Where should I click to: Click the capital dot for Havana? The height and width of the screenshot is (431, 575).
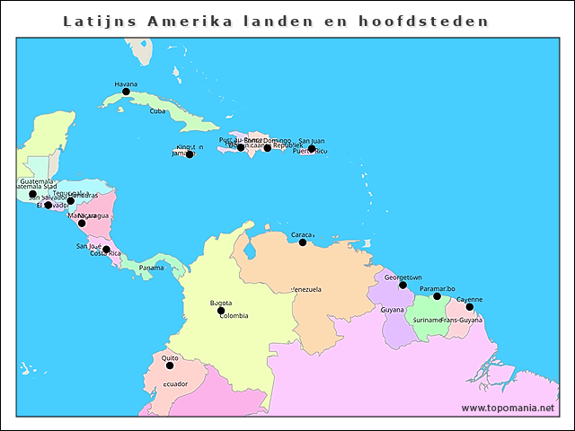coord(126,92)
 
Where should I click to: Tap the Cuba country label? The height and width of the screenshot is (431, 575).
coord(157,111)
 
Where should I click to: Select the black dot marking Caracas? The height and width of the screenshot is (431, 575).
coord(303,242)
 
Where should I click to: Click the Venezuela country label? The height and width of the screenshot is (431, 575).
coord(306,289)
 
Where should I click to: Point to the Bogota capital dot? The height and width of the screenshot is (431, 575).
coord(221,311)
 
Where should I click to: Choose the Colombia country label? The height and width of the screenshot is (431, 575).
coord(234,316)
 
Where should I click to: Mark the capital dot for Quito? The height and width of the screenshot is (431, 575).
coord(170,365)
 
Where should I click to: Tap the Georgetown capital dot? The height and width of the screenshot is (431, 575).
coord(402,285)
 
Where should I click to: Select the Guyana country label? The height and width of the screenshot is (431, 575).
coord(392,310)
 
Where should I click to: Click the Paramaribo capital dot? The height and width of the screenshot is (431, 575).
coord(438,296)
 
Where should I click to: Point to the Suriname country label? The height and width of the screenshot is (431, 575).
coord(427,320)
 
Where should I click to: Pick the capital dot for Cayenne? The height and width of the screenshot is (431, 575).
coord(469,307)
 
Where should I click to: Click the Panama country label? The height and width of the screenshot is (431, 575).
coord(151,268)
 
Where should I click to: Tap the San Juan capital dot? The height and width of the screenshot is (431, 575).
coord(312,149)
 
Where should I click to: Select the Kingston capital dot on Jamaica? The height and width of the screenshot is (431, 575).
coord(189,154)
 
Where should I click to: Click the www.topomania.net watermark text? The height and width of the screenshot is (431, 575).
coord(508,408)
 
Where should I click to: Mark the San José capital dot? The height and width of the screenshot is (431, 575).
coord(106,250)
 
